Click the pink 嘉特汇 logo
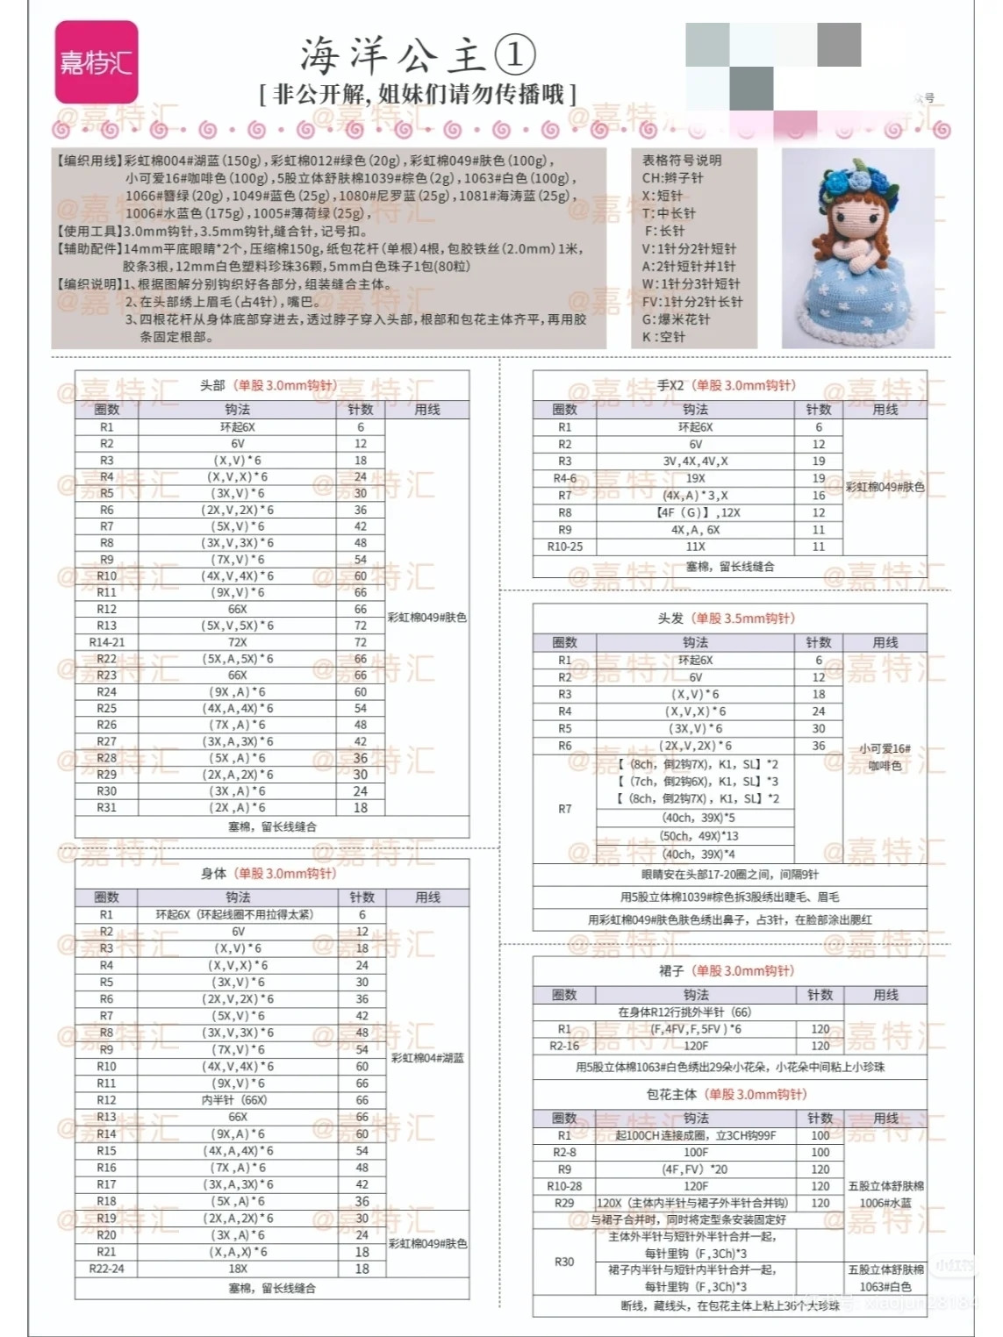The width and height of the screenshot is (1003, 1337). pyautogui.click(x=96, y=61)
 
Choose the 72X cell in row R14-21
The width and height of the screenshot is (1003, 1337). pyautogui.click(x=237, y=642)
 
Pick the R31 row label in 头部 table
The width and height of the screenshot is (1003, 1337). pyautogui.click(x=106, y=807)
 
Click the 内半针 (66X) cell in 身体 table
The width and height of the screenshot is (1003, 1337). pyautogui.click(x=237, y=1100)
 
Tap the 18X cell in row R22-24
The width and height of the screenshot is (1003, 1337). pyautogui.click(x=237, y=1269)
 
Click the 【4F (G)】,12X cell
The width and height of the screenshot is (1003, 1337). pyautogui.click(x=695, y=512)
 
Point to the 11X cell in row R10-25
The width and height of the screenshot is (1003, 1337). pyautogui.click(x=695, y=547)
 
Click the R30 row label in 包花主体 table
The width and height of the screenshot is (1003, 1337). pyautogui.click(x=564, y=1262)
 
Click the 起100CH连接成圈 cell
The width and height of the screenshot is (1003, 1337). pyautogui.click(x=695, y=1135)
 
